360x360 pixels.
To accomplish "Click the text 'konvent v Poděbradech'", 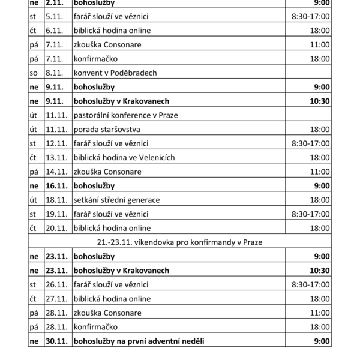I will [114, 73].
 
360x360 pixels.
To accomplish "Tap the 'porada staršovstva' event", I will [106, 129].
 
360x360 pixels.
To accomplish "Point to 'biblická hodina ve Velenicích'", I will [124, 157].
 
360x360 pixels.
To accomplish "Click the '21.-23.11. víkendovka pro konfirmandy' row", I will [180, 242].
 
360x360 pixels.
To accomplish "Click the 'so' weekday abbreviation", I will [35, 73].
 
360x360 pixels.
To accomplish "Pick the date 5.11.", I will [54, 16].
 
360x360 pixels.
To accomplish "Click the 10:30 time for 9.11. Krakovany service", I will [320, 101].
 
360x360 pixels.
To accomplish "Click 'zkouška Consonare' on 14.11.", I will [107, 172].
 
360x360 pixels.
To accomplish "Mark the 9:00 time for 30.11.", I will [322, 341].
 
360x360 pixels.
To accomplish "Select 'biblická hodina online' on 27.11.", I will [111, 299].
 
